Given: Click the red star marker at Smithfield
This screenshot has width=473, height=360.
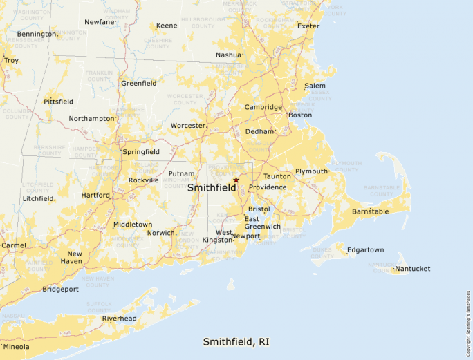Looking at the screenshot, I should [x=236, y=180].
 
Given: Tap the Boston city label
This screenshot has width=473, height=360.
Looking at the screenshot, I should [x=300, y=115].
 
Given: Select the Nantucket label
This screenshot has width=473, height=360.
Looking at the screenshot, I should [x=414, y=269].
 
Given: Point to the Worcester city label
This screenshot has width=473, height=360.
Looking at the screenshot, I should [x=188, y=126].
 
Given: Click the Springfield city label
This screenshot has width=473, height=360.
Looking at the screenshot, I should [x=140, y=151].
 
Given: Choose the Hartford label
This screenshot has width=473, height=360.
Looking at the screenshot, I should [x=95, y=196].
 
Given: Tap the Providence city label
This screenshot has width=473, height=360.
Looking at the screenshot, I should [x=268, y=187].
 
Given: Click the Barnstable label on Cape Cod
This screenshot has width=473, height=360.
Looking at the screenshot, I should [x=371, y=211].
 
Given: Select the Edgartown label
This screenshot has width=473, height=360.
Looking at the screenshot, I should [x=366, y=250].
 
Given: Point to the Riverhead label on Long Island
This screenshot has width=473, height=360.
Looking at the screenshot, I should [x=119, y=319].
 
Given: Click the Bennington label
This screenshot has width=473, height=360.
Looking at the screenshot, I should [x=37, y=34].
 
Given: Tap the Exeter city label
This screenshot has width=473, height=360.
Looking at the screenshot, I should [x=308, y=26].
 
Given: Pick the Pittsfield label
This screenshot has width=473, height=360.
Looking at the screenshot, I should [x=58, y=102].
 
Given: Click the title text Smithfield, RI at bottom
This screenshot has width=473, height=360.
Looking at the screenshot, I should [x=236, y=342].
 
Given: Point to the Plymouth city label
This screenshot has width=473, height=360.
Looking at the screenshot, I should [x=310, y=171].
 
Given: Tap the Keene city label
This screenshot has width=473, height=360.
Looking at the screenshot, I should [x=167, y=26].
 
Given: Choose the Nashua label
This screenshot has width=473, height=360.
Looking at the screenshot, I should [x=228, y=55].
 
